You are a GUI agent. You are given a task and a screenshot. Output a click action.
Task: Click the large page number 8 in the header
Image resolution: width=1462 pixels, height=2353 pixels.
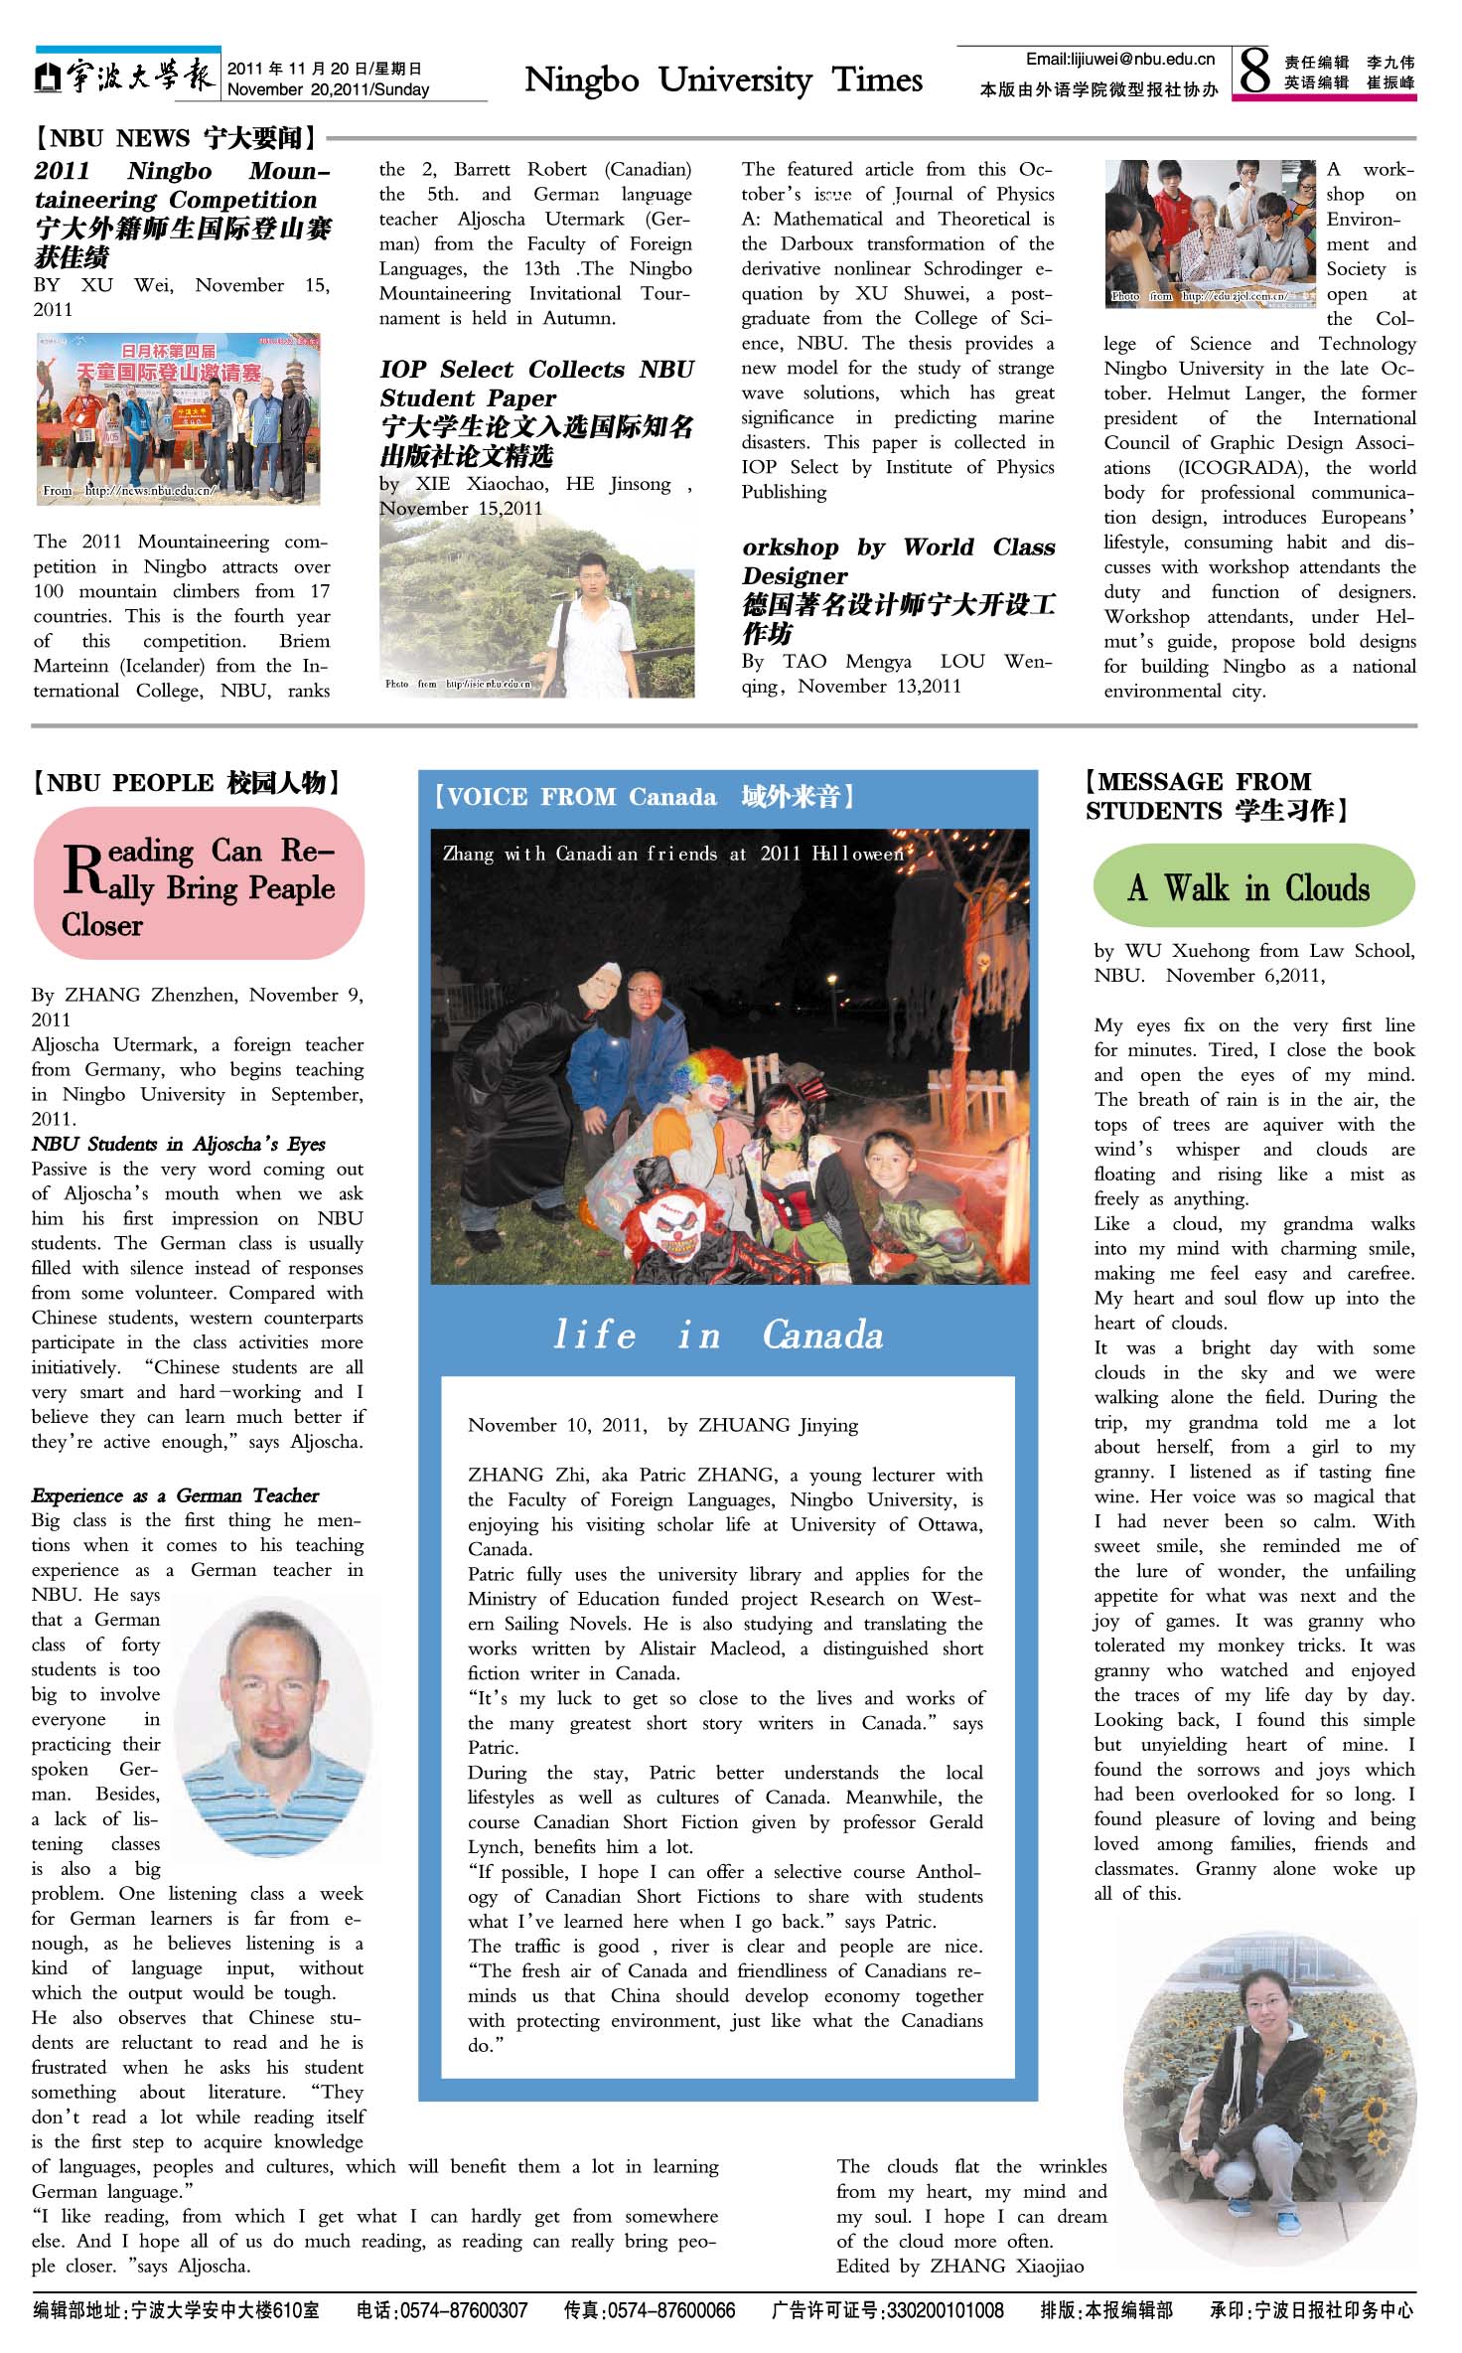(x=1254, y=71)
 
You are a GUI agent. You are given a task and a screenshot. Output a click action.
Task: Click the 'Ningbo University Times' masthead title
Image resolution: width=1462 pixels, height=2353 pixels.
(x=723, y=79)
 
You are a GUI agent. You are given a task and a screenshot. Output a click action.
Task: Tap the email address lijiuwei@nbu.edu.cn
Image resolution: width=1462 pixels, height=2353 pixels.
(x=1120, y=60)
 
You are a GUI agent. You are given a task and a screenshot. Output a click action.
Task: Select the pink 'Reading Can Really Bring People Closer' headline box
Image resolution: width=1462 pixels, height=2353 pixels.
(x=199, y=884)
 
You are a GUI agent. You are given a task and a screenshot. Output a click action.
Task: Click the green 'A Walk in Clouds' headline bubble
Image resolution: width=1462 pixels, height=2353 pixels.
(x=1253, y=886)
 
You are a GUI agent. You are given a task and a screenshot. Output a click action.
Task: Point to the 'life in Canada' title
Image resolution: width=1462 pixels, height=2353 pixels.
(x=718, y=1334)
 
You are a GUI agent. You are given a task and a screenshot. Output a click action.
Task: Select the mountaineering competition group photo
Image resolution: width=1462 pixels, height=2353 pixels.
(x=179, y=418)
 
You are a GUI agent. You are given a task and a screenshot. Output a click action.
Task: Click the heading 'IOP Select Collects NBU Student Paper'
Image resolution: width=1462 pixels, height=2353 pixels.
(x=536, y=384)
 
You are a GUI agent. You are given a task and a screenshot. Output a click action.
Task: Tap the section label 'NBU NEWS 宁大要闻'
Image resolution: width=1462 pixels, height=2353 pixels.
(x=175, y=138)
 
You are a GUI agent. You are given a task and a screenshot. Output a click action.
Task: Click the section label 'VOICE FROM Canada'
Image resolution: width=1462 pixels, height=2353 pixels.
(x=644, y=797)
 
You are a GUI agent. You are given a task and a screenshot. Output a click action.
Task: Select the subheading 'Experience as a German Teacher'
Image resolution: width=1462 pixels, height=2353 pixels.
(x=175, y=1495)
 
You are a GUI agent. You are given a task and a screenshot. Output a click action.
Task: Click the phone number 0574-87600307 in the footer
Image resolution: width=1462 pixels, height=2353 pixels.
(x=442, y=2311)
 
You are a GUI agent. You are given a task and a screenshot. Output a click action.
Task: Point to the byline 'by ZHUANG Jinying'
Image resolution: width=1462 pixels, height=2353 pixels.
(x=763, y=1425)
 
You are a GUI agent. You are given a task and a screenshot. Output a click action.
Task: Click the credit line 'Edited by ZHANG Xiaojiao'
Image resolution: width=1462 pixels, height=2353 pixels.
(x=959, y=2266)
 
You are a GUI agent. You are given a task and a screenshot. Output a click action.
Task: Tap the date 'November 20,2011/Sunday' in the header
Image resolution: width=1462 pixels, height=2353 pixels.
(x=328, y=89)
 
